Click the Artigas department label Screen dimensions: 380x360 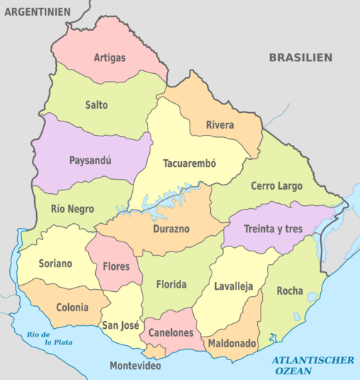(109, 57)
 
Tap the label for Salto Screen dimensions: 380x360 (97, 105)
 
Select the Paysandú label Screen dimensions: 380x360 (90, 161)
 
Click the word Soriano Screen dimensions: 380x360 (55, 264)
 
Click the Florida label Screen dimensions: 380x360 (170, 285)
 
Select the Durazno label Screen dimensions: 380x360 (170, 229)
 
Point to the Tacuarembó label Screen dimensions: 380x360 (189, 163)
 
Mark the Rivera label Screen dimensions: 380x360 (220, 126)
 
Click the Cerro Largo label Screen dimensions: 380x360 (276, 186)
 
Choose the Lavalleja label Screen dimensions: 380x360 (234, 287)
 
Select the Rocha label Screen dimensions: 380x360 (289, 291)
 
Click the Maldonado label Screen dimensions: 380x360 (231, 343)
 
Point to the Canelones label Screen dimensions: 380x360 (170, 332)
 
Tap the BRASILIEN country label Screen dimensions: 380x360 (300, 58)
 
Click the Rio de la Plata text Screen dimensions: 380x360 (38, 337)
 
